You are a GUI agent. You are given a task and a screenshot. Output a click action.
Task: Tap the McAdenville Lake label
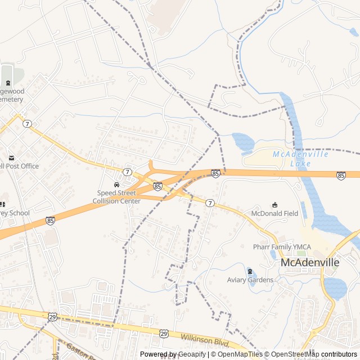(292, 159)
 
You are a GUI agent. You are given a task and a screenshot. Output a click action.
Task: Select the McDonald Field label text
(274, 214)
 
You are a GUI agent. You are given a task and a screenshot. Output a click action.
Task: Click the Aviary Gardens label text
(250, 280)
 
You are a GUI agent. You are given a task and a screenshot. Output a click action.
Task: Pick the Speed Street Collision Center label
(116, 197)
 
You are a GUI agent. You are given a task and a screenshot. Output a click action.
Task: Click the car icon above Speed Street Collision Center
(116, 184)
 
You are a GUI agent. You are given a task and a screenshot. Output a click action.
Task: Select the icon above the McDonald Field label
(274, 205)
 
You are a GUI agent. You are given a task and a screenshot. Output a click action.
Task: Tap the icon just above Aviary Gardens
(250, 272)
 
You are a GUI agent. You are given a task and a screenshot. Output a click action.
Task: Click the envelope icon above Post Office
(11, 157)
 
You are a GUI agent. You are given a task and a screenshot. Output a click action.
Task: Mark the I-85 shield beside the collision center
(157, 186)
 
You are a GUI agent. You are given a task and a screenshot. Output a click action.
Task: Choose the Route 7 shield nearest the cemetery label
(26, 123)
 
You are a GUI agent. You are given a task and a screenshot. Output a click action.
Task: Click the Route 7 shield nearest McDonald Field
(209, 202)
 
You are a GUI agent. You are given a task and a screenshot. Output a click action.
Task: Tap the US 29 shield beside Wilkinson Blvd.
(163, 334)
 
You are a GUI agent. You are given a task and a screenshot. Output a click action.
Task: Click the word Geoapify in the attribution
(192, 354)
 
